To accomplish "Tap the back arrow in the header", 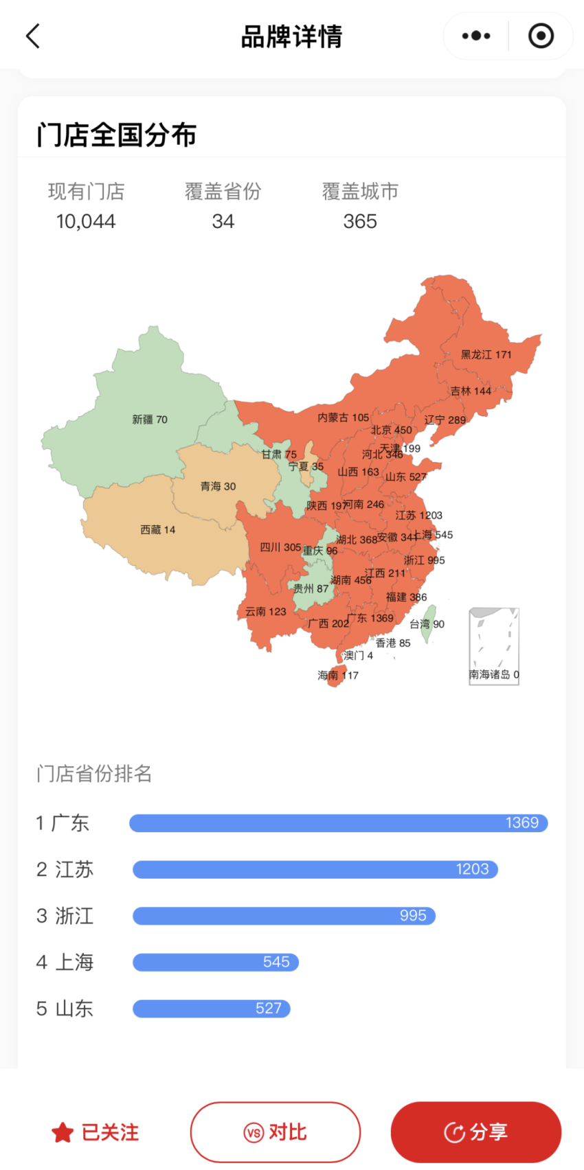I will coord(33,36).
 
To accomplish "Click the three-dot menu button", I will coord(476,36).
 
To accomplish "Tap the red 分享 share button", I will coord(475,1132).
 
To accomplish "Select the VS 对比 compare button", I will coord(275,1132).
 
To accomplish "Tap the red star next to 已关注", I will coord(63,1132).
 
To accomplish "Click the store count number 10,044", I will coord(86,221).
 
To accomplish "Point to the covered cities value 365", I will coord(360,221).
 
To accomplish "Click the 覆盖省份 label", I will coord(223,192).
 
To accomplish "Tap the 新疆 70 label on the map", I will coord(150,420).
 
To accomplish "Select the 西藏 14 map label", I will coord(158,530).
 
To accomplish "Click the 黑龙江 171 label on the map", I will coord(486,354).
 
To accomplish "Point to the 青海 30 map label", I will coord(218,486).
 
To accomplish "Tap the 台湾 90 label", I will coord(427,624).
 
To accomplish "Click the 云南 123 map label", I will coord(265,611).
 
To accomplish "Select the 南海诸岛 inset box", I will coord(494,645).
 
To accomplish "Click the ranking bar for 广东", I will coord(338,823).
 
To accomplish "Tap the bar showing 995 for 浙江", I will coord(284,915).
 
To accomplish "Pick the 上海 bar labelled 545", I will coord(216,962).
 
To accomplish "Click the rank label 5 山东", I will coord(65,1009).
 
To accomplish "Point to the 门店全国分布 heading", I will coord(117,135).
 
